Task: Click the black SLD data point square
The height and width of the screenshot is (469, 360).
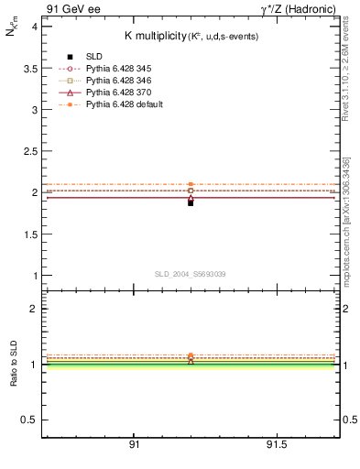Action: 191,202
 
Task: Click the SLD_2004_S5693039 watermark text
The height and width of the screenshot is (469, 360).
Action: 191,274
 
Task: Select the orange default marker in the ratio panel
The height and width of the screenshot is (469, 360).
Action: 191,355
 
